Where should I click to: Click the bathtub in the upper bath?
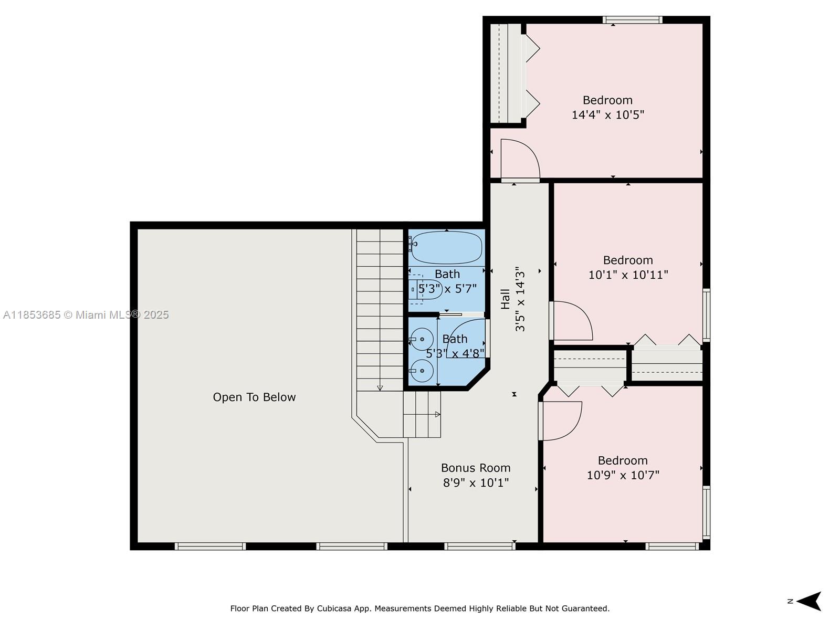447,247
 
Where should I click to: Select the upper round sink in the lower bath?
422,339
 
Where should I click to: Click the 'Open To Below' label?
254,397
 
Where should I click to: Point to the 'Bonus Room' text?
476,468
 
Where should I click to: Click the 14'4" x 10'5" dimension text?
607,115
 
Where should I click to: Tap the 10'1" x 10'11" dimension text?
628,275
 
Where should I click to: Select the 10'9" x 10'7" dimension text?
623,475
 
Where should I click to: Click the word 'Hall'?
505,299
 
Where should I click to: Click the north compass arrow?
810,601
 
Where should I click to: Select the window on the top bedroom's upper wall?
633,20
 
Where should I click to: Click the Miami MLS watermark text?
86,314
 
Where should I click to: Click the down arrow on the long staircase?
380,388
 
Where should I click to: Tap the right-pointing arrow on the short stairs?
437,414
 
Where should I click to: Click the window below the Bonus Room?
479,547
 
